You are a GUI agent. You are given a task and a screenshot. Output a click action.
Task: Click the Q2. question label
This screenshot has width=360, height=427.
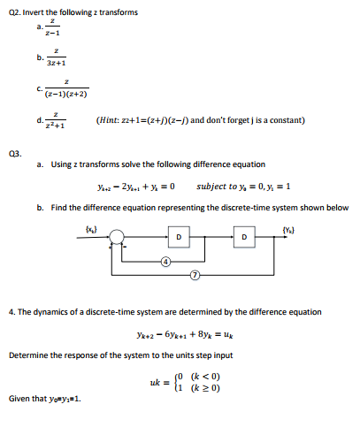[x=17, y=10]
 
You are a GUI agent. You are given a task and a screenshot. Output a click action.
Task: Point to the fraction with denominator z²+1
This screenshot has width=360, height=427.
[x=65, y=119]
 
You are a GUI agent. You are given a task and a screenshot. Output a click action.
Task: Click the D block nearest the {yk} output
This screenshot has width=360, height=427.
[x=244, y=237]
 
